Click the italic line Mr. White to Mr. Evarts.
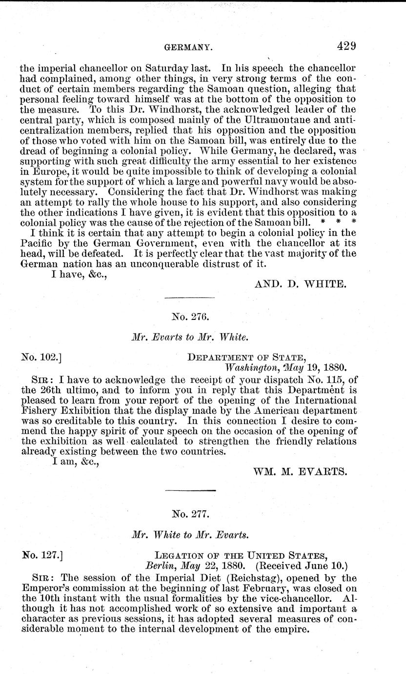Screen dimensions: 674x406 190,535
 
